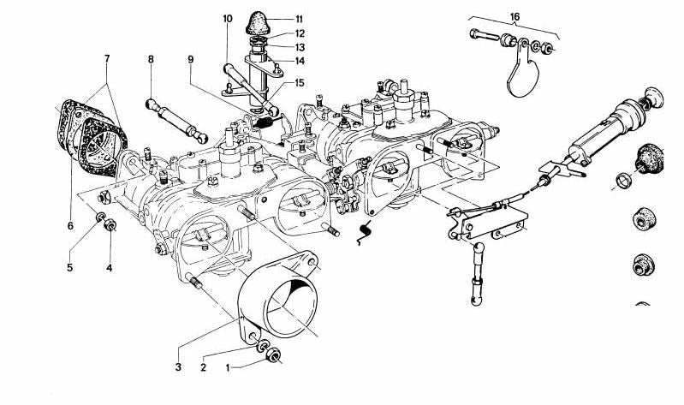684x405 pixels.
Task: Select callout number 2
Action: pos(203,367)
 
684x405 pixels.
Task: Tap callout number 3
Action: pos(178,367)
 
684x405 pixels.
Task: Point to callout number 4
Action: pos(110,268)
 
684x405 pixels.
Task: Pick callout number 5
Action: pos(70,268)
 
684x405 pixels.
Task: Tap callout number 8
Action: pos(150,60)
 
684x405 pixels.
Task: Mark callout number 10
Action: pos(227,18)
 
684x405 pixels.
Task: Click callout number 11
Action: pos(299,18)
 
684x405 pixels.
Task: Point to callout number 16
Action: pos(514,16)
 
